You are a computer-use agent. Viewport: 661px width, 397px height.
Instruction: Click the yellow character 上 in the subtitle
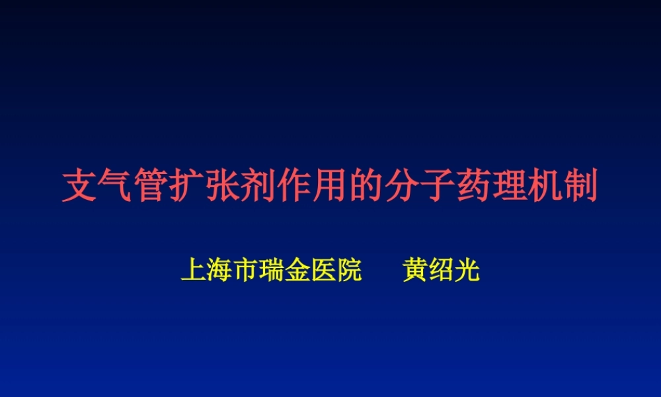click(x=194, y=271)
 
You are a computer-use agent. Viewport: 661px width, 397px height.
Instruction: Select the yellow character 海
click(x=219, y=271)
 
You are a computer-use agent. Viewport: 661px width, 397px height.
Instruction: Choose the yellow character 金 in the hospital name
click(x=297, y=271)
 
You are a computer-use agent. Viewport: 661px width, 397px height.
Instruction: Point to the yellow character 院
click(x=349, y=271)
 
